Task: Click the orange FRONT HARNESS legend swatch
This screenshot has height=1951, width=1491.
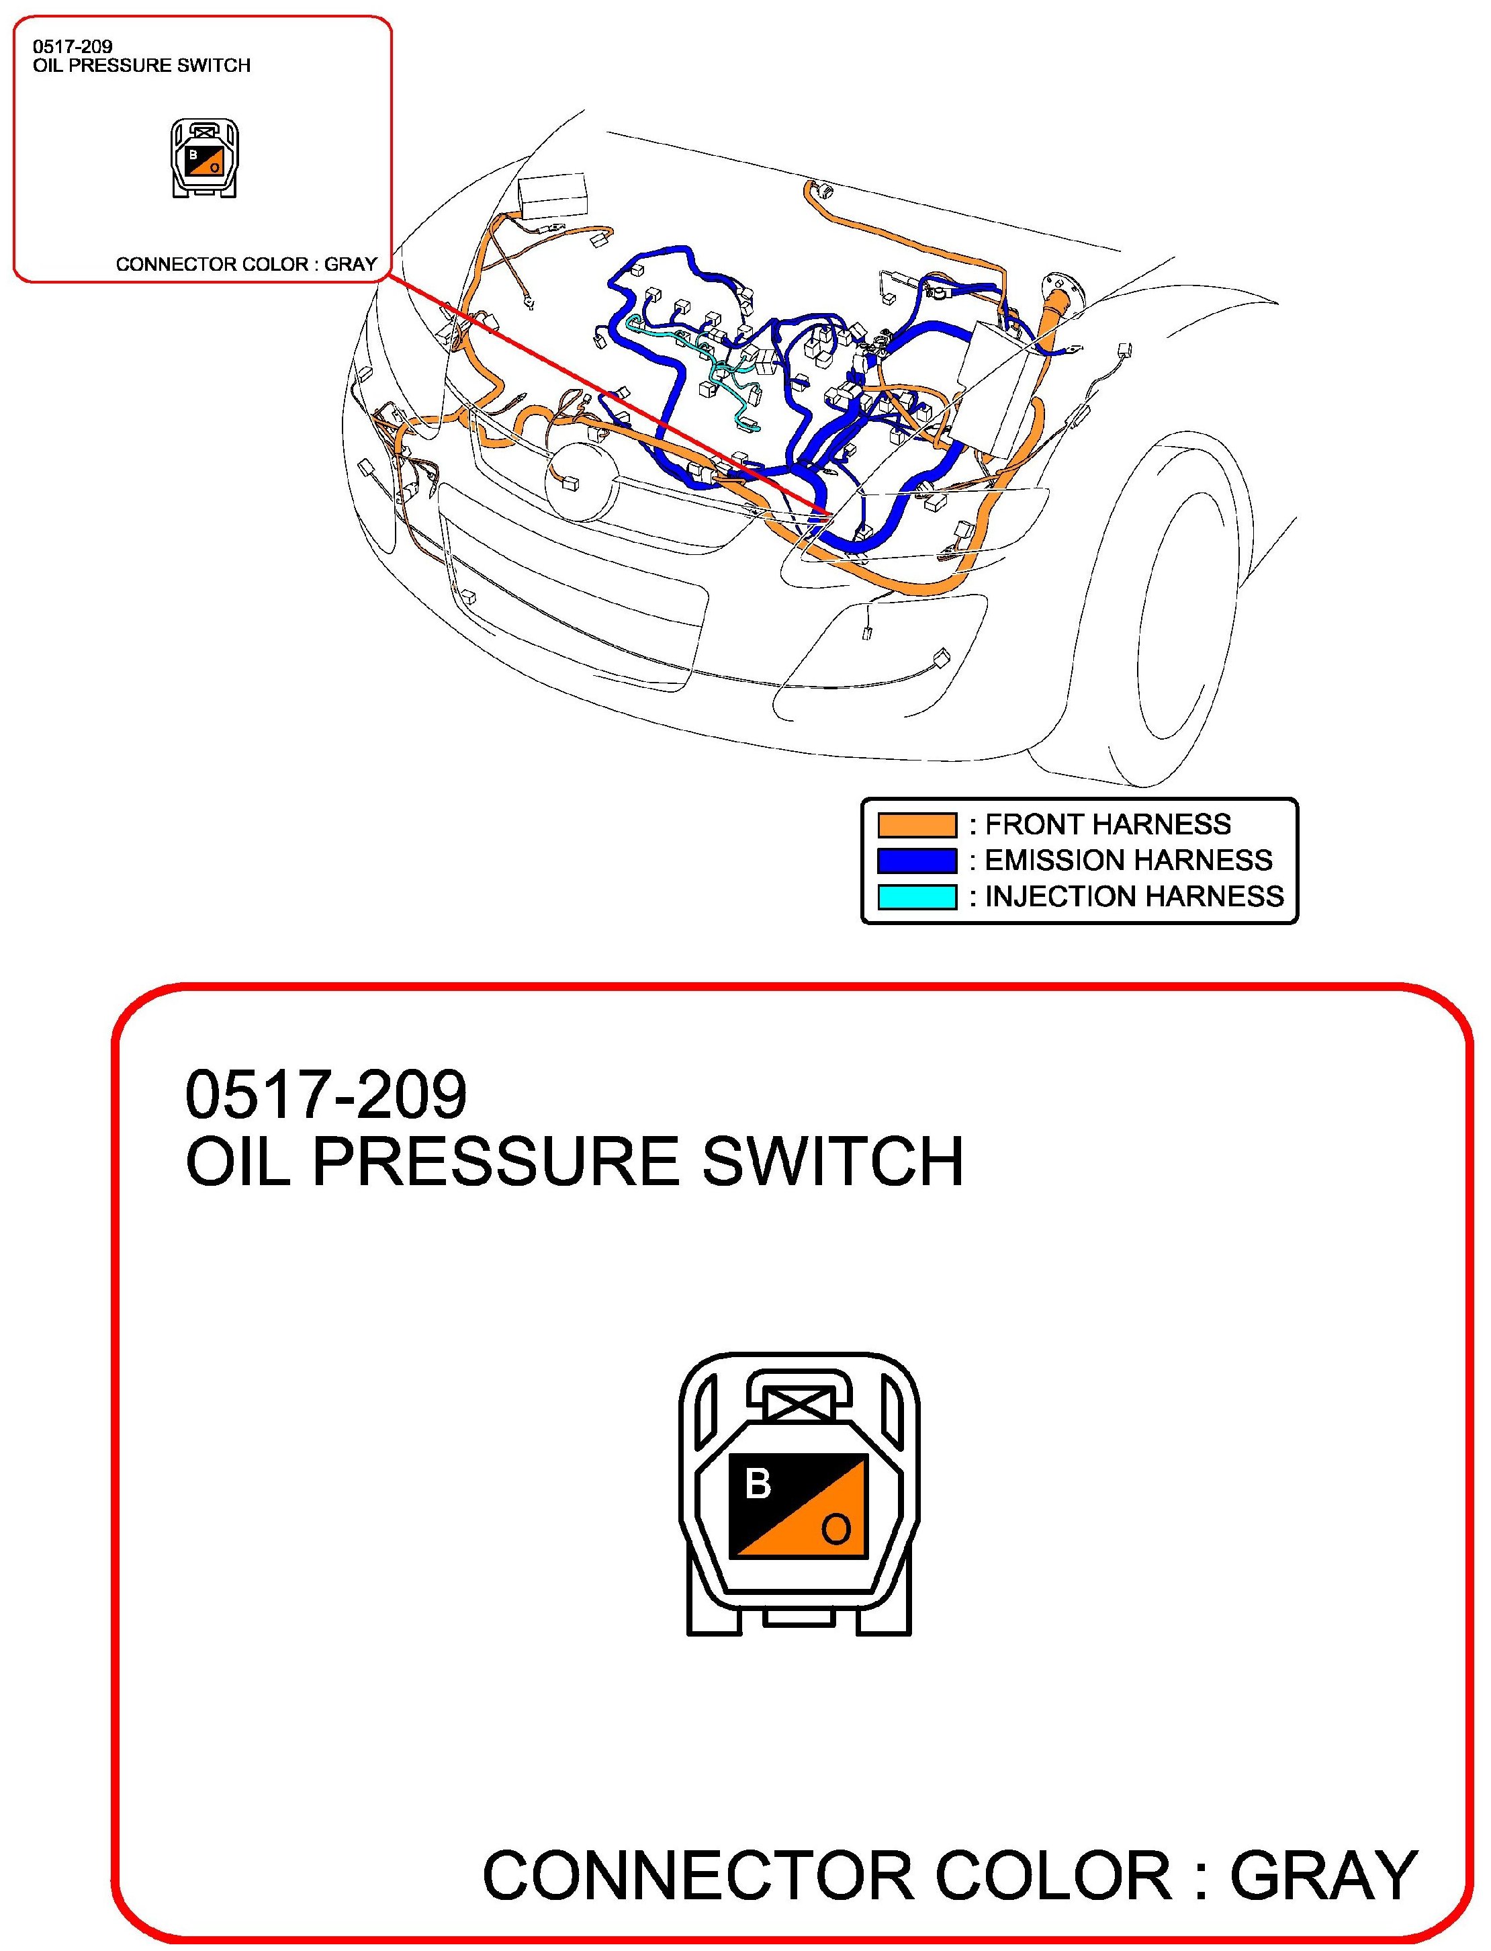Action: click(917, 824)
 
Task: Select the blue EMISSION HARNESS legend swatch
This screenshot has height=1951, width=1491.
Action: click(917, 860)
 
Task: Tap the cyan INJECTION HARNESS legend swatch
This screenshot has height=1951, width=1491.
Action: click(917, 896)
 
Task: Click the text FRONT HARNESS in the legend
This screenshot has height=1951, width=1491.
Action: click(1108, 824)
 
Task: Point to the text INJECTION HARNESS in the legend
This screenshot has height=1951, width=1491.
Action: click(1134, 896)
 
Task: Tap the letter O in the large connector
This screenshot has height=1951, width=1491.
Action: click(836, 1528)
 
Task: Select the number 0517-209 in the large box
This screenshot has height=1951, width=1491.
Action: click(325, 1094)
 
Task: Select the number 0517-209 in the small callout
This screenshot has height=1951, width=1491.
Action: click(73, 47)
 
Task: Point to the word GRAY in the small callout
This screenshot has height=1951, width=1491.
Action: click(351, 265)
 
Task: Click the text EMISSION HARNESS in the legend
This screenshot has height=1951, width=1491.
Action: click(1128, 860)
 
